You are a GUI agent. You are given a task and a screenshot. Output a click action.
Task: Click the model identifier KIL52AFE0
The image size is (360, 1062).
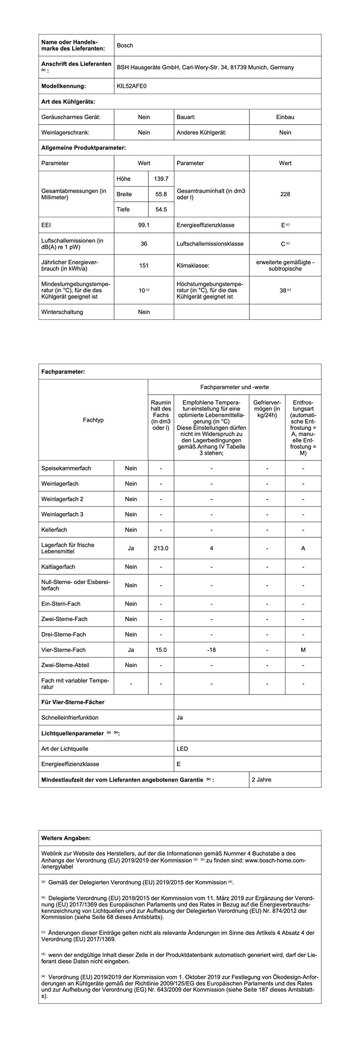point(132,86)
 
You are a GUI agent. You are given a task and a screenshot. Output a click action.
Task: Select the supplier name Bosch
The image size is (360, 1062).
point(125,45)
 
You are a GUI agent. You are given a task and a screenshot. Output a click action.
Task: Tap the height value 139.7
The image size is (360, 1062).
point(161,179)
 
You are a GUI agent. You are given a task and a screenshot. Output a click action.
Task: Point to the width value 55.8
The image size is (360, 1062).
point(161,194)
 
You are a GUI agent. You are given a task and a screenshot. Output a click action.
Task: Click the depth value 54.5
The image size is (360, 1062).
point(161,209)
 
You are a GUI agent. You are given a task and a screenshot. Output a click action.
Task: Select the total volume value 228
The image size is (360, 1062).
point(285,194)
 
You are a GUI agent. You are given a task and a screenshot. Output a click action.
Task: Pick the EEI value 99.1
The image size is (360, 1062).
point(144,225)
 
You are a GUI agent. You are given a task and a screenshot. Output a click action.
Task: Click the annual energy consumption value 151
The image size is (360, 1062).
point(144,265)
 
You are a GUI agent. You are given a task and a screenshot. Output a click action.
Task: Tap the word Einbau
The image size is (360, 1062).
point(285,117)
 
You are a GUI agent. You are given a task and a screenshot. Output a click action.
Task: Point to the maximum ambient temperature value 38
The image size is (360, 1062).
point(283,290)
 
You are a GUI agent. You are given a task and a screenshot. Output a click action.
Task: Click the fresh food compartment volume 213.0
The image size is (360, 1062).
point(161,548)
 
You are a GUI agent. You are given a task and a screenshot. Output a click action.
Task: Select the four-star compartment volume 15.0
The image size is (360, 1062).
point(161,650)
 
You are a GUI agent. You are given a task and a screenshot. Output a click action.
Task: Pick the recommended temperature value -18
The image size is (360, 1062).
point(211,650)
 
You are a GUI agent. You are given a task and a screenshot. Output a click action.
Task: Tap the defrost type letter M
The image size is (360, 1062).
point(303,650)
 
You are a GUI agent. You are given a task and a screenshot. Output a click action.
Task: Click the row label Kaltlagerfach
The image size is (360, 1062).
point(58,567)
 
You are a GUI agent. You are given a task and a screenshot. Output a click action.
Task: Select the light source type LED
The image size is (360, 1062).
point(182,749)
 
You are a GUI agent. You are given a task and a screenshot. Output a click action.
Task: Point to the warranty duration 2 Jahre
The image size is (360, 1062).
point(261,779)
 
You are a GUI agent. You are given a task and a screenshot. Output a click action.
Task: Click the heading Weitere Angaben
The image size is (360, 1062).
point(66,838)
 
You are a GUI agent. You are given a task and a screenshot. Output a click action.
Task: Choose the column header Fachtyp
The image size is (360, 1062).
point(93,420)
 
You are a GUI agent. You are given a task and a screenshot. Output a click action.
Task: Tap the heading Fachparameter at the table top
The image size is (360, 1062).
point(63,372)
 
